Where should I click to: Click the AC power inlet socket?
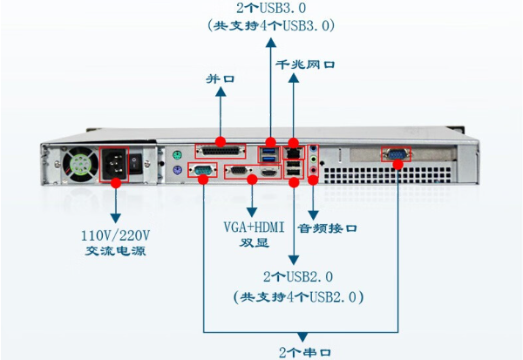[115, 164]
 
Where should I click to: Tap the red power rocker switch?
[136, 162]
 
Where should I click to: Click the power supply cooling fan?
[80, 165]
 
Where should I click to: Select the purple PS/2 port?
[175, 172]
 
